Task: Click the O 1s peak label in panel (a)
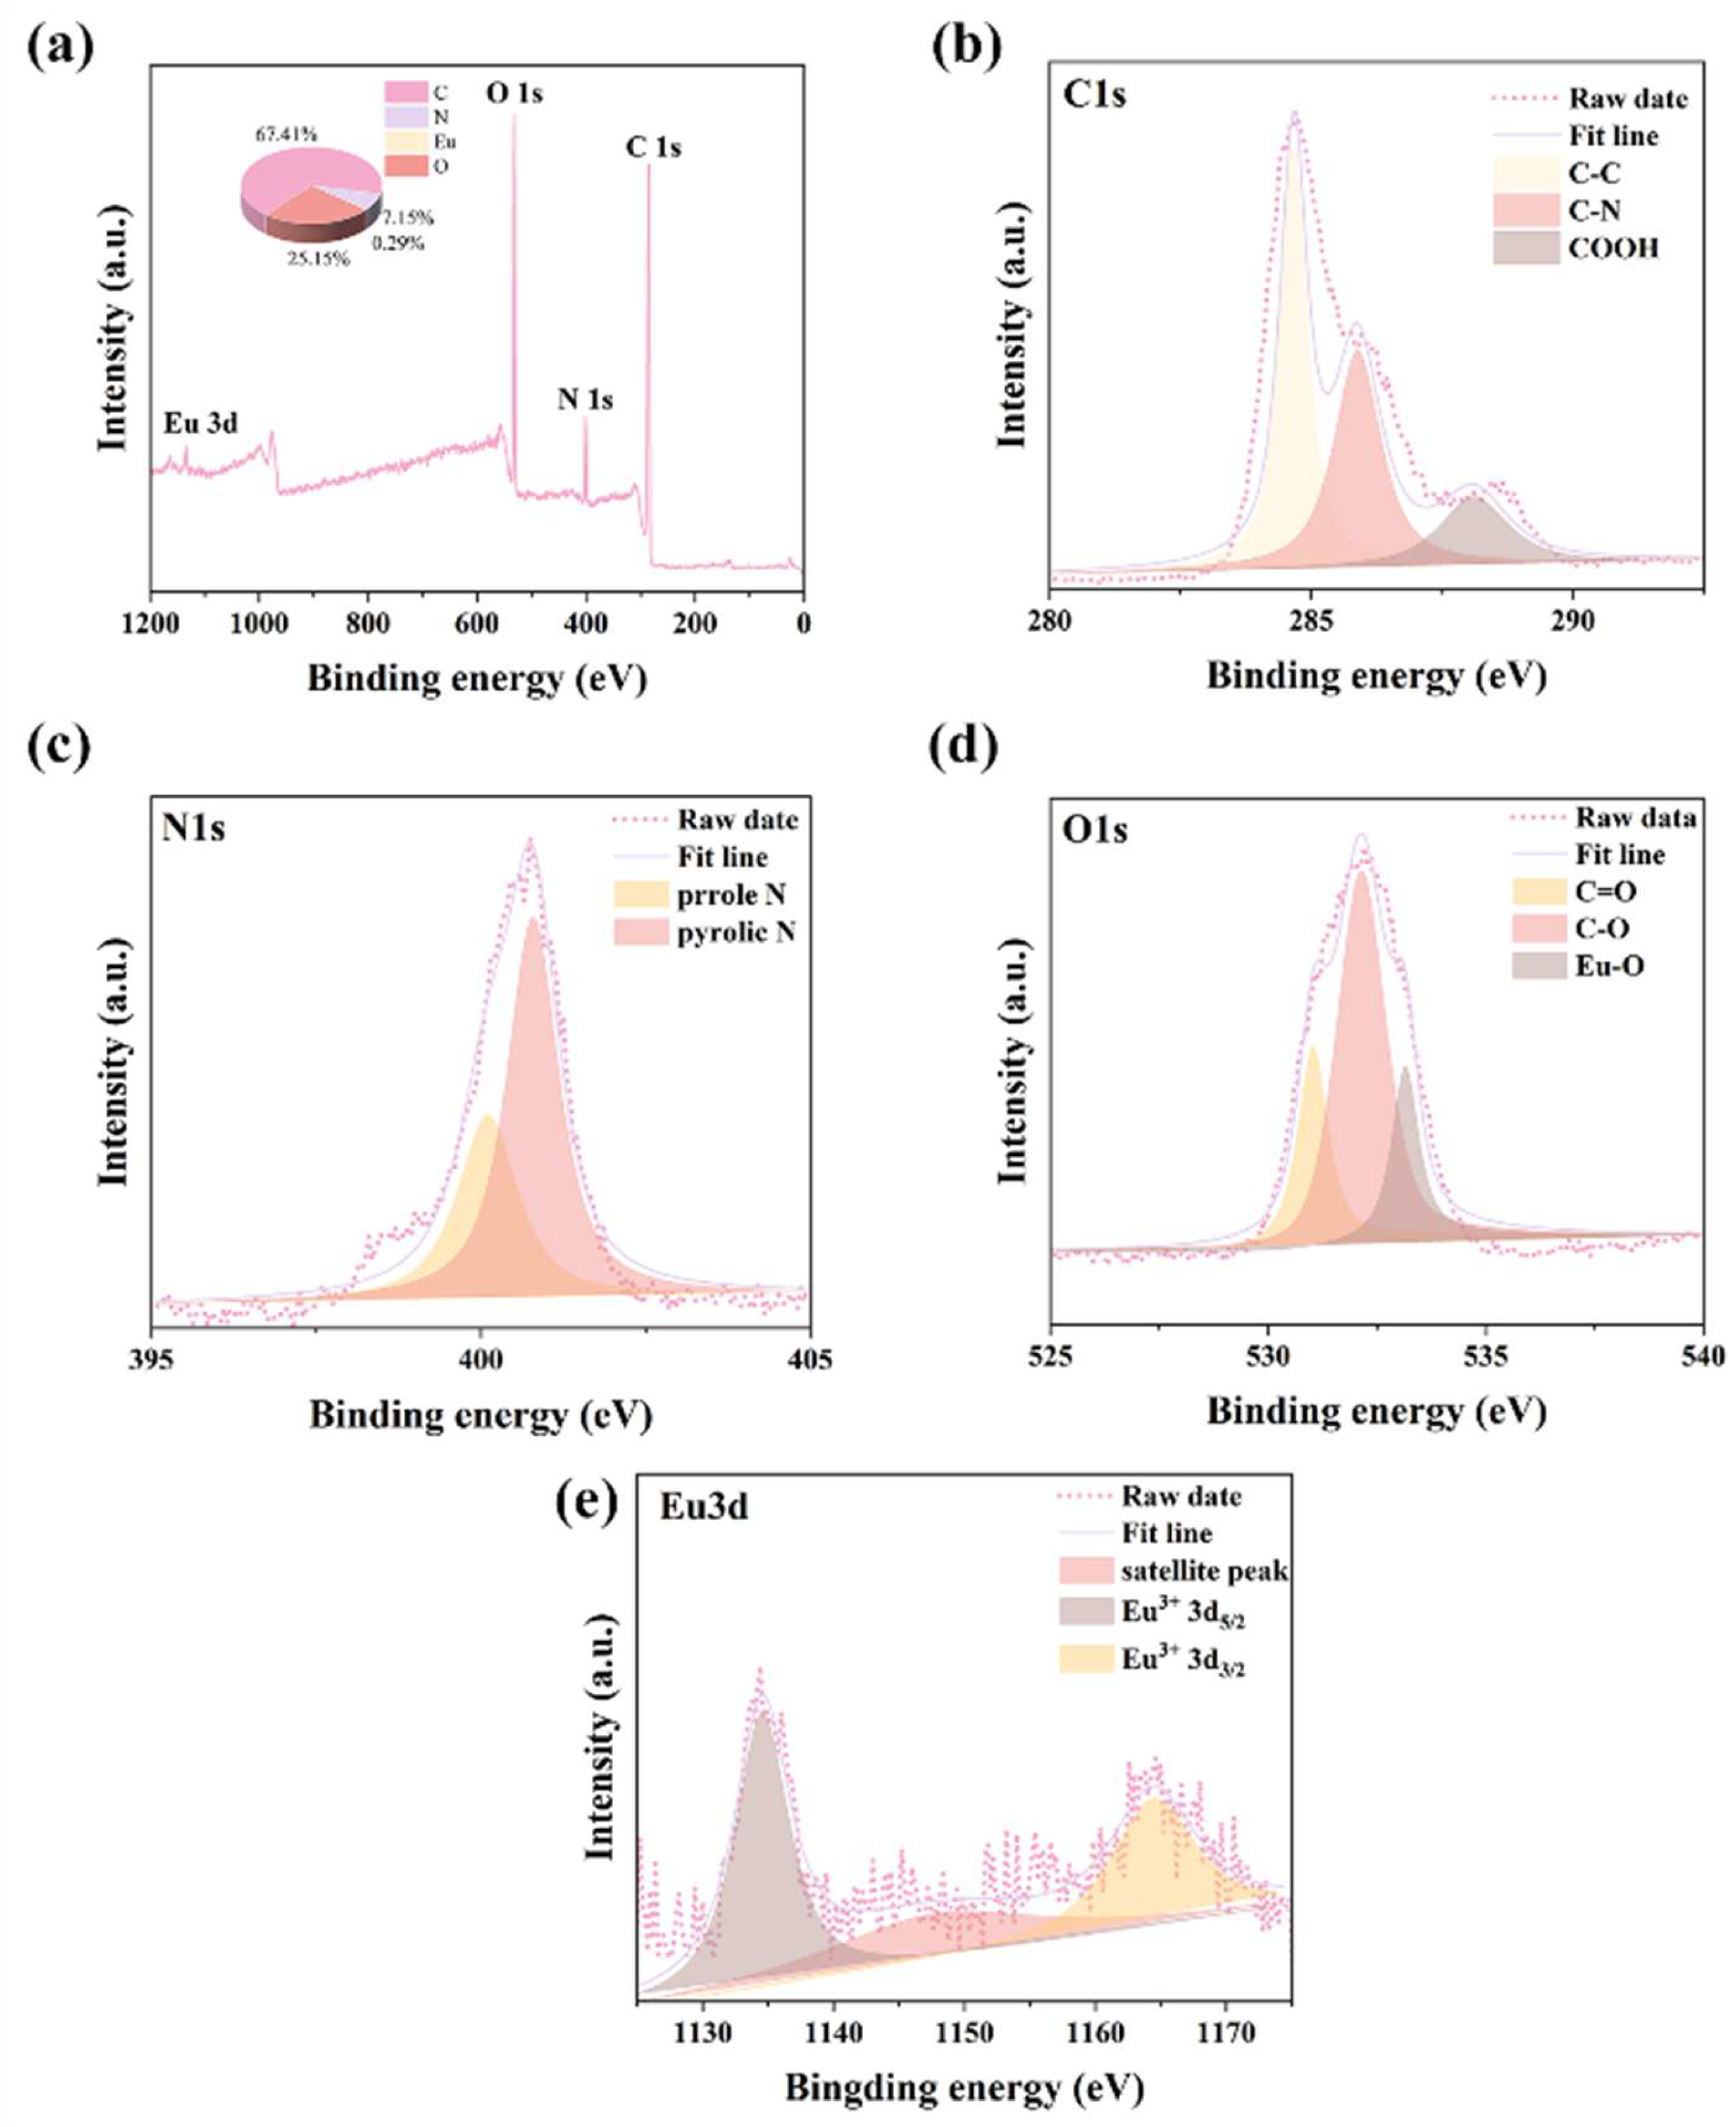pos(514,93)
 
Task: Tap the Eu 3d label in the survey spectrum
pos(201,423)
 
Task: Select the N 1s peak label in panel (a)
pos(585,400)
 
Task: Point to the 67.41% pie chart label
pos(287,134)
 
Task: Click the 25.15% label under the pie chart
pos(320,260)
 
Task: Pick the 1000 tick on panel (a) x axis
pos(259,624)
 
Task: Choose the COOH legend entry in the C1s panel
pos(1612,248)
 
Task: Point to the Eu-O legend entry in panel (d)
pos(1608,966)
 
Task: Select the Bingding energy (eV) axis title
pos(964,2086)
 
